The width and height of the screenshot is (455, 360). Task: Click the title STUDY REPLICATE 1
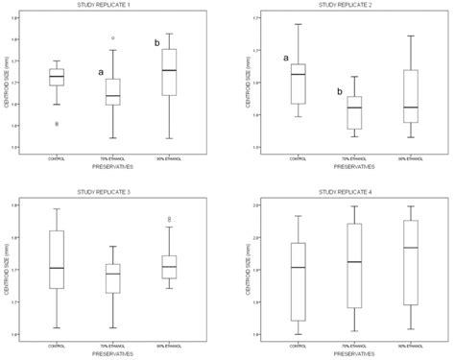click(112, 6)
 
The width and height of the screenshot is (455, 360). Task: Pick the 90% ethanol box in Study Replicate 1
click(170, 70)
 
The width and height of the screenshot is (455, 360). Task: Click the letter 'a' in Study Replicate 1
click(100, 72)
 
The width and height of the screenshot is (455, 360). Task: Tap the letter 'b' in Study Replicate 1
click(156, 43)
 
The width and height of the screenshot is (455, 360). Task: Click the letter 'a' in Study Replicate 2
click(285, 59)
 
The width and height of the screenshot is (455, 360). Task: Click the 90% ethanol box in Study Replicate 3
click(170, 267)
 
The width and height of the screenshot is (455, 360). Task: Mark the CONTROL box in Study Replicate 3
click(57, 259)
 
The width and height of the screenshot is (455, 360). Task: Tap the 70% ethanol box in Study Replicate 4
click(354, 266)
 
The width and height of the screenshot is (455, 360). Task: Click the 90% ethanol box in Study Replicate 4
click(412, 262)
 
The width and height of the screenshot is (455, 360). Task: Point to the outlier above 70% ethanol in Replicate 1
click(112, 38)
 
